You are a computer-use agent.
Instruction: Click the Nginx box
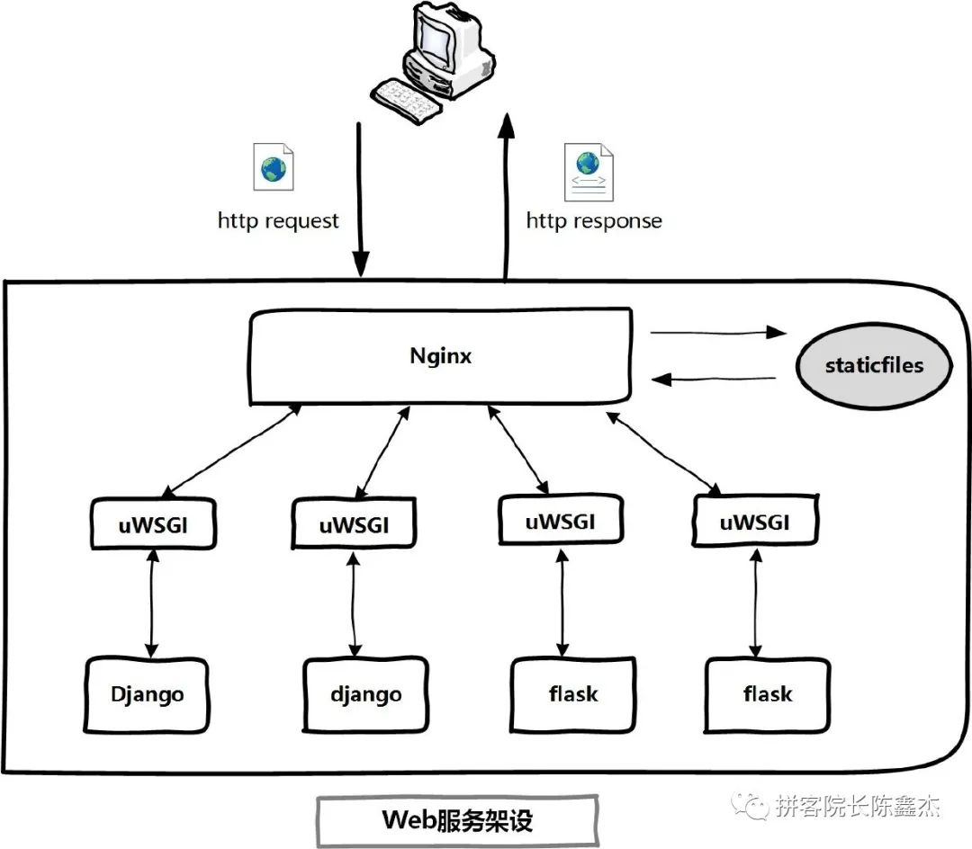(x=440, y=357)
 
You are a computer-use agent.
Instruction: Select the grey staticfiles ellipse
(x=874, y=366)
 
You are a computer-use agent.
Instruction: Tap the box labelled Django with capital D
(x=148, y=694)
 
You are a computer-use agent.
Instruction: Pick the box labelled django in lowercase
(x=365, y=695)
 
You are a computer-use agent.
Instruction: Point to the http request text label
(x=278, y=220)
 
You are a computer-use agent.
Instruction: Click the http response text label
(x=594, y=220)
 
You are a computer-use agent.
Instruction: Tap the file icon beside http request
(x=274, y=167)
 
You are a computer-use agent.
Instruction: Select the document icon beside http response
(x=589, y=171)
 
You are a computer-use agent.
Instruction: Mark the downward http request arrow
(x=361, y=198)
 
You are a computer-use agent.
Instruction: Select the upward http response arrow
(x=507, y=198)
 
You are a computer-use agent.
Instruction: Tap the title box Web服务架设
(x=457, y=820)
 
